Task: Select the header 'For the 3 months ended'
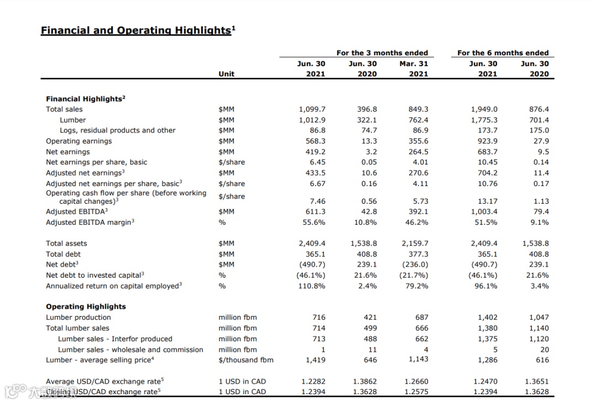pos(382,53)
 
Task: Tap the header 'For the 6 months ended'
pos(503,53)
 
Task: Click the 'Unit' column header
pos(226,74)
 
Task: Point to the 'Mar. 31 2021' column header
pos(414,68)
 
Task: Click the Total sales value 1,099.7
pos(312,109)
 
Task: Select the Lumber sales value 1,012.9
pos(312,120)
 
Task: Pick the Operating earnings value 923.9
pos(484,141)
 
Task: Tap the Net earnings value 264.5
pos(418,152)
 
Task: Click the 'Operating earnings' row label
pos(78,141)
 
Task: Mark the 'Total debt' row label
pos(63,254)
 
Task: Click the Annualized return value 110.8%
pos(312,286)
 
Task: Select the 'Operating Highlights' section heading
pos(86,306)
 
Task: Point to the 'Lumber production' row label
pos(78,317)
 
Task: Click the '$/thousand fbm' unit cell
pos(246,360)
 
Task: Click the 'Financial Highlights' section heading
pos(85,99)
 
